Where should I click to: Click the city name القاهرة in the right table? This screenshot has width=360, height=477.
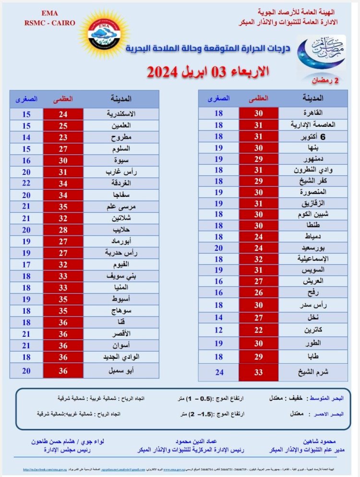point(319,113)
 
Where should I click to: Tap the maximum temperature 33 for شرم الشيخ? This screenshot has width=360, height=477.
point(258,372)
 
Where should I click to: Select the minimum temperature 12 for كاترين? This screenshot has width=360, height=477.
point(218,330)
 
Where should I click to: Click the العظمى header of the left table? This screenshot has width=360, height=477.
point(63,99)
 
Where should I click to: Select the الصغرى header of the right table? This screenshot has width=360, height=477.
point(218,98)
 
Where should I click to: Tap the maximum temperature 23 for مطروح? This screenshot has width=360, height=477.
point(63,137)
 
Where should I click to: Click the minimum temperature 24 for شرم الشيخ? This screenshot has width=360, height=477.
point(218,372)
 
